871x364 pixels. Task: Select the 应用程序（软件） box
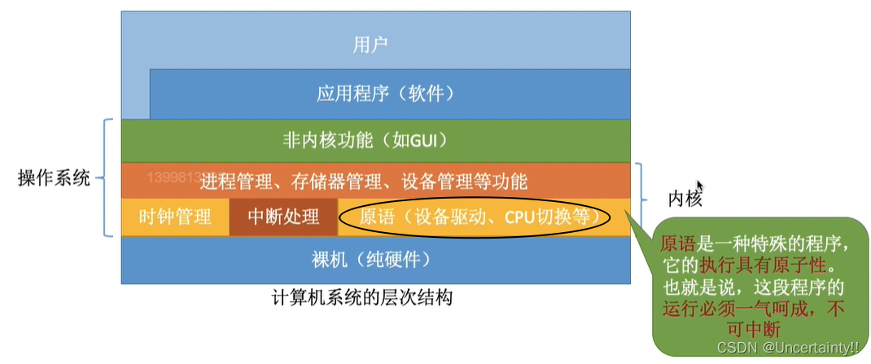coord(385,94)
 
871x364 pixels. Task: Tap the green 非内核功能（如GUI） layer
coord(375,139)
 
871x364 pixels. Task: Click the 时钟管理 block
coord(176,217)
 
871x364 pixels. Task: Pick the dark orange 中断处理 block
coord(283,217)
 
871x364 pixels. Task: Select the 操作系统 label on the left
coord(54,178)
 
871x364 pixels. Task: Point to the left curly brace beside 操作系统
coord(106,178)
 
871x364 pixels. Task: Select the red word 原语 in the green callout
coord(676,244)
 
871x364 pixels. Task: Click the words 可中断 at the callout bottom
coord(756,329)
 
